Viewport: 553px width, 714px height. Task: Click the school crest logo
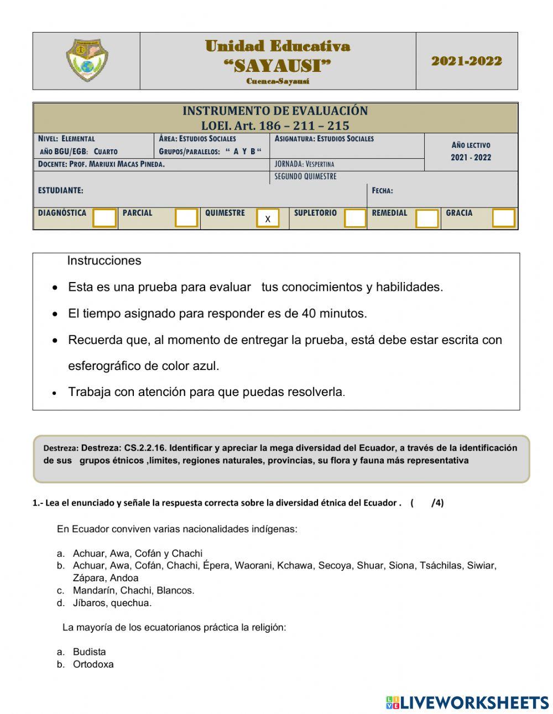87,61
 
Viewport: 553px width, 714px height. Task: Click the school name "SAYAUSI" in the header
277,66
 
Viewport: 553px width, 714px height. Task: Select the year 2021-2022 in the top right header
467,61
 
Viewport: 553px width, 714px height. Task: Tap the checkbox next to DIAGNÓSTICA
105,218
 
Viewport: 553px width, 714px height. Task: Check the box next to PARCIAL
186,218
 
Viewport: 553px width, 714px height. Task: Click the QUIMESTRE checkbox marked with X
268,218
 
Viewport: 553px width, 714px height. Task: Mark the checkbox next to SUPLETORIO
354,218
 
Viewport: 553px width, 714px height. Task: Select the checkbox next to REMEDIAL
426,218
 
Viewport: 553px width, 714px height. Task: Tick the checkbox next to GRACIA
503,218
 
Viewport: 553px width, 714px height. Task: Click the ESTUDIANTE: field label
60,190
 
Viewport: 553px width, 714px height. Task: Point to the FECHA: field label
382,190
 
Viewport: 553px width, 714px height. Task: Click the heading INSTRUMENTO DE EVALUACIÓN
275,111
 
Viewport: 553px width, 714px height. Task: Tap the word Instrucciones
104,260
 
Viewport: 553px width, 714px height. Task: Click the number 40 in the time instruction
309,314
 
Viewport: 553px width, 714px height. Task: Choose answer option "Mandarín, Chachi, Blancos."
133,590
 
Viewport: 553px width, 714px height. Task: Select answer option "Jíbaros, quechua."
112,603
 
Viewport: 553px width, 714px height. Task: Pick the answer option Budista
89,652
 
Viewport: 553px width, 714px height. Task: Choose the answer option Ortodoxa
93,664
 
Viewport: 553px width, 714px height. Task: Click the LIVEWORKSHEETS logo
467,702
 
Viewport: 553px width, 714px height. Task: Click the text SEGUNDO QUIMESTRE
305,176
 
